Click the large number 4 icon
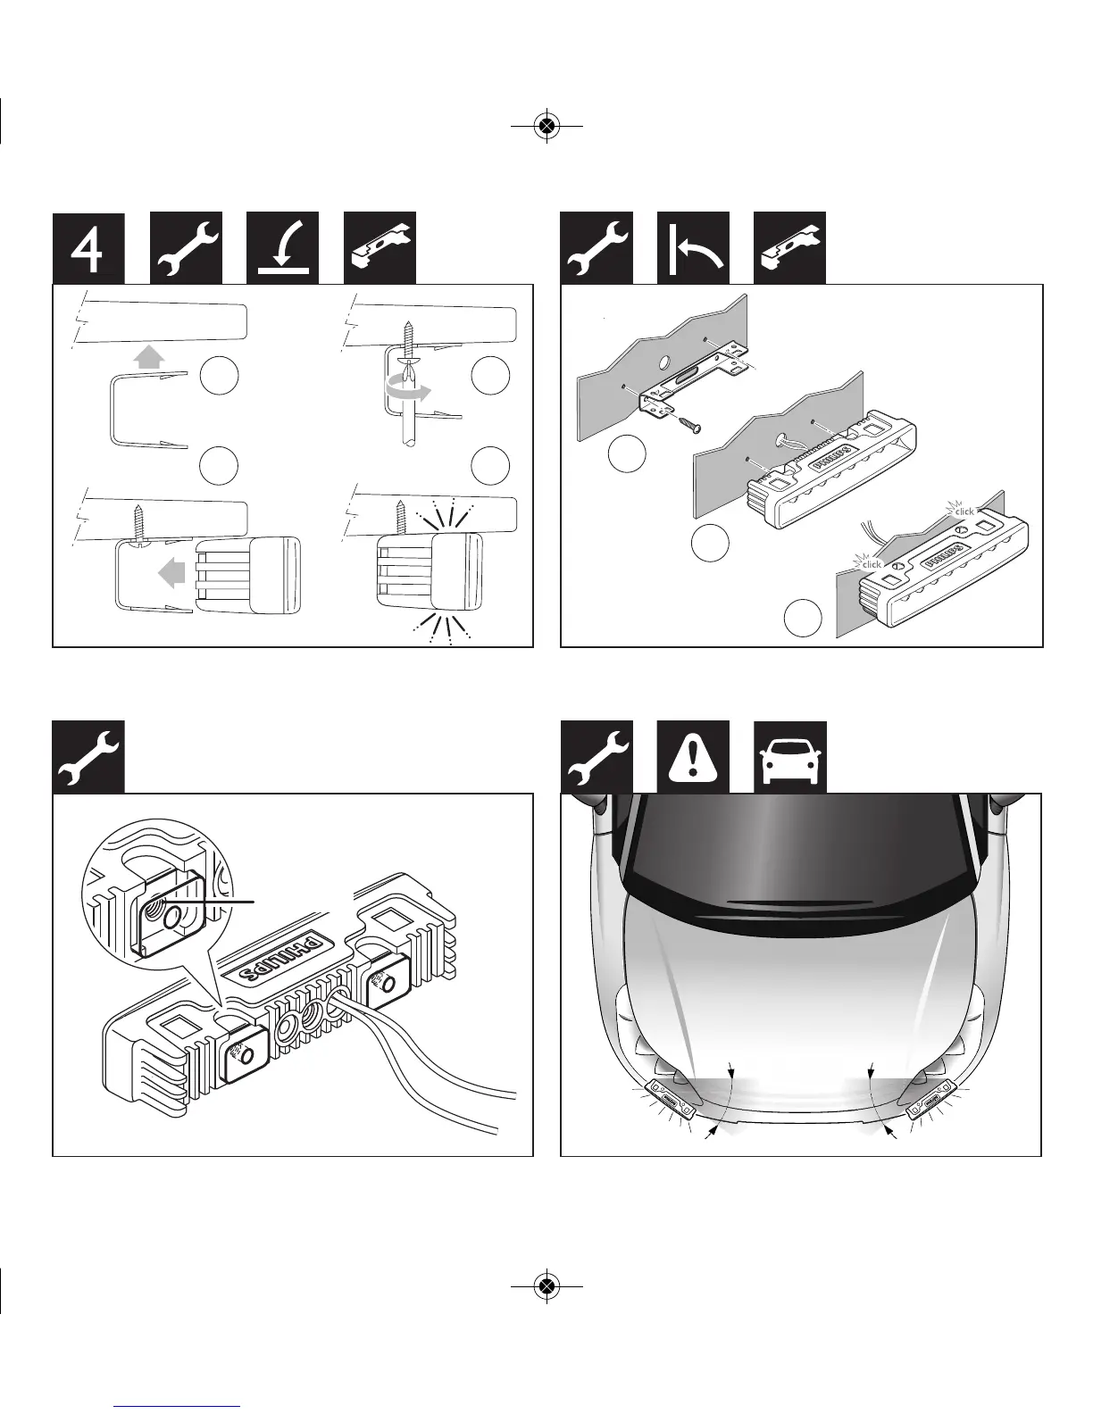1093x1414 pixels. (x=88, y=248)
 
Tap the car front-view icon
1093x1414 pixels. (x=789, y=757)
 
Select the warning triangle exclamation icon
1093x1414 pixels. (x=693, y=757)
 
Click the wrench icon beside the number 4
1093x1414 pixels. (x=186, y=248)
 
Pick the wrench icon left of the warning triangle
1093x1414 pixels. (x=597, y=757)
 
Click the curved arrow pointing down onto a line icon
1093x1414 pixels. (x=282, y=248)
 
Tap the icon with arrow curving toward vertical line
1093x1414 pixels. (x=693, y=248)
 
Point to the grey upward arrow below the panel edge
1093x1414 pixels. (x=149, y=357)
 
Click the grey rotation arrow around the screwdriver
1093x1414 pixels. (x=408, y=390)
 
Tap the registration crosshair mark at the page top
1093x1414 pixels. (x=546, y=126)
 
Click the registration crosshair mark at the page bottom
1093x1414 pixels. (x=546, y=1285)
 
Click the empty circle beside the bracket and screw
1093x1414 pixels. (x=627, y=453)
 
